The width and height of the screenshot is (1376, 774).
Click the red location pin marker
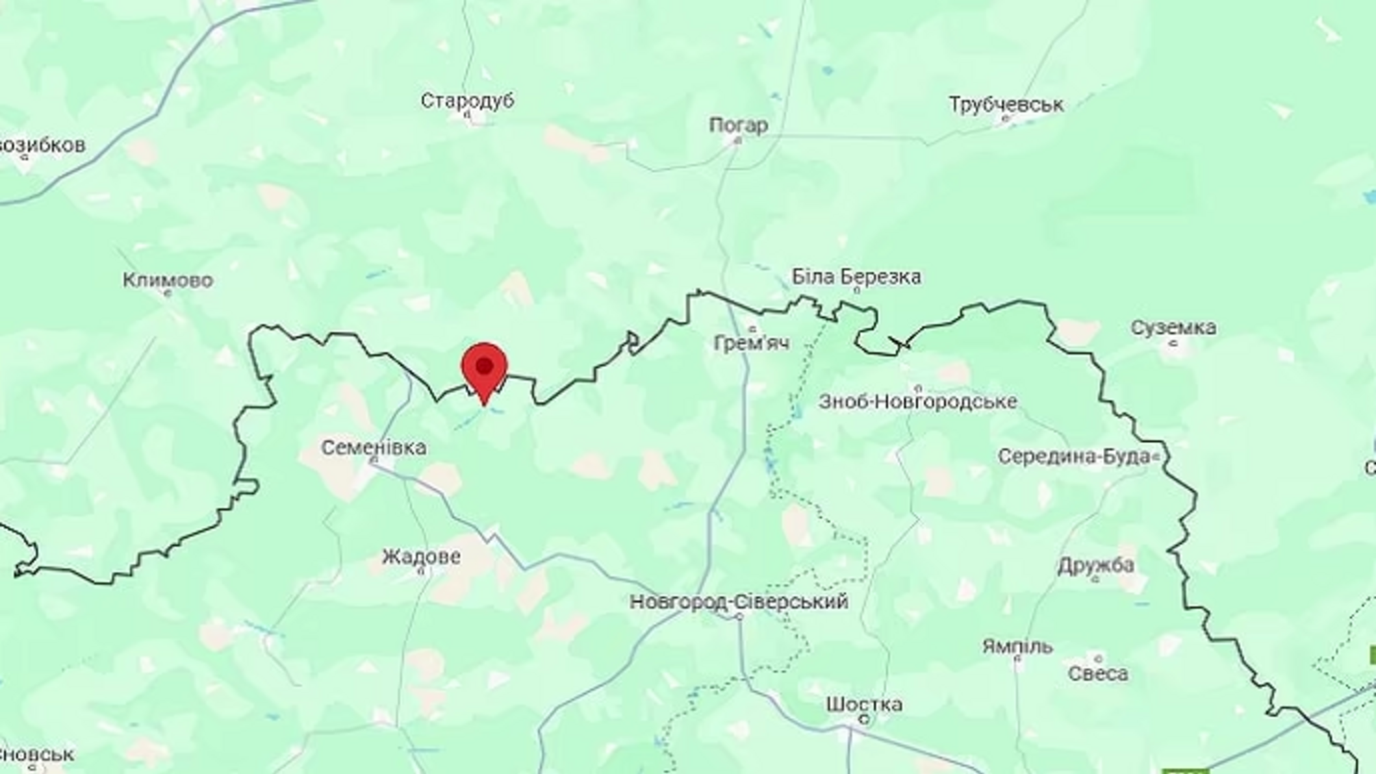point(485,370)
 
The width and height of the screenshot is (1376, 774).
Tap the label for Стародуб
point(467,101)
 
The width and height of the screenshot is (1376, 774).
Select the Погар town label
point(738,125)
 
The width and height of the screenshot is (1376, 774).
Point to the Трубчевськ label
point(1006,104)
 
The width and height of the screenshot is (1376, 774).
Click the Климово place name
point(168,280)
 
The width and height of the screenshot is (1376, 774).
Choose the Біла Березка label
point(856,277)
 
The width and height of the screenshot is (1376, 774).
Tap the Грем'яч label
point(751,342)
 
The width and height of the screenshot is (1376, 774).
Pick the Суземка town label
point(1173,327)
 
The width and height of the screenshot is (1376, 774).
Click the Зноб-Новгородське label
point(917,401)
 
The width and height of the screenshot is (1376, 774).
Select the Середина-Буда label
point(1073,456)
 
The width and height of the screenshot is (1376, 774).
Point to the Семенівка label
point(374,447)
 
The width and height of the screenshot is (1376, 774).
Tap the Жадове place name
point(420,556)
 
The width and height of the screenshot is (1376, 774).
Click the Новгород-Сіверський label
point(739,601)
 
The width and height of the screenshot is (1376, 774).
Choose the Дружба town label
point(1095,565)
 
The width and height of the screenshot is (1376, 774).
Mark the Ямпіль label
point(1017,646)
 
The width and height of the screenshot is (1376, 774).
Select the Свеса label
point(1097,673)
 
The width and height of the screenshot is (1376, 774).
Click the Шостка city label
point(864,703)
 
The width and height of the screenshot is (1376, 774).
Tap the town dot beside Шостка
point(865,719)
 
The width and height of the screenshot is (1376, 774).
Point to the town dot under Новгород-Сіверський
point(739,616)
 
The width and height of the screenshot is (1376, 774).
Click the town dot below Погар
point(738,140)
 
